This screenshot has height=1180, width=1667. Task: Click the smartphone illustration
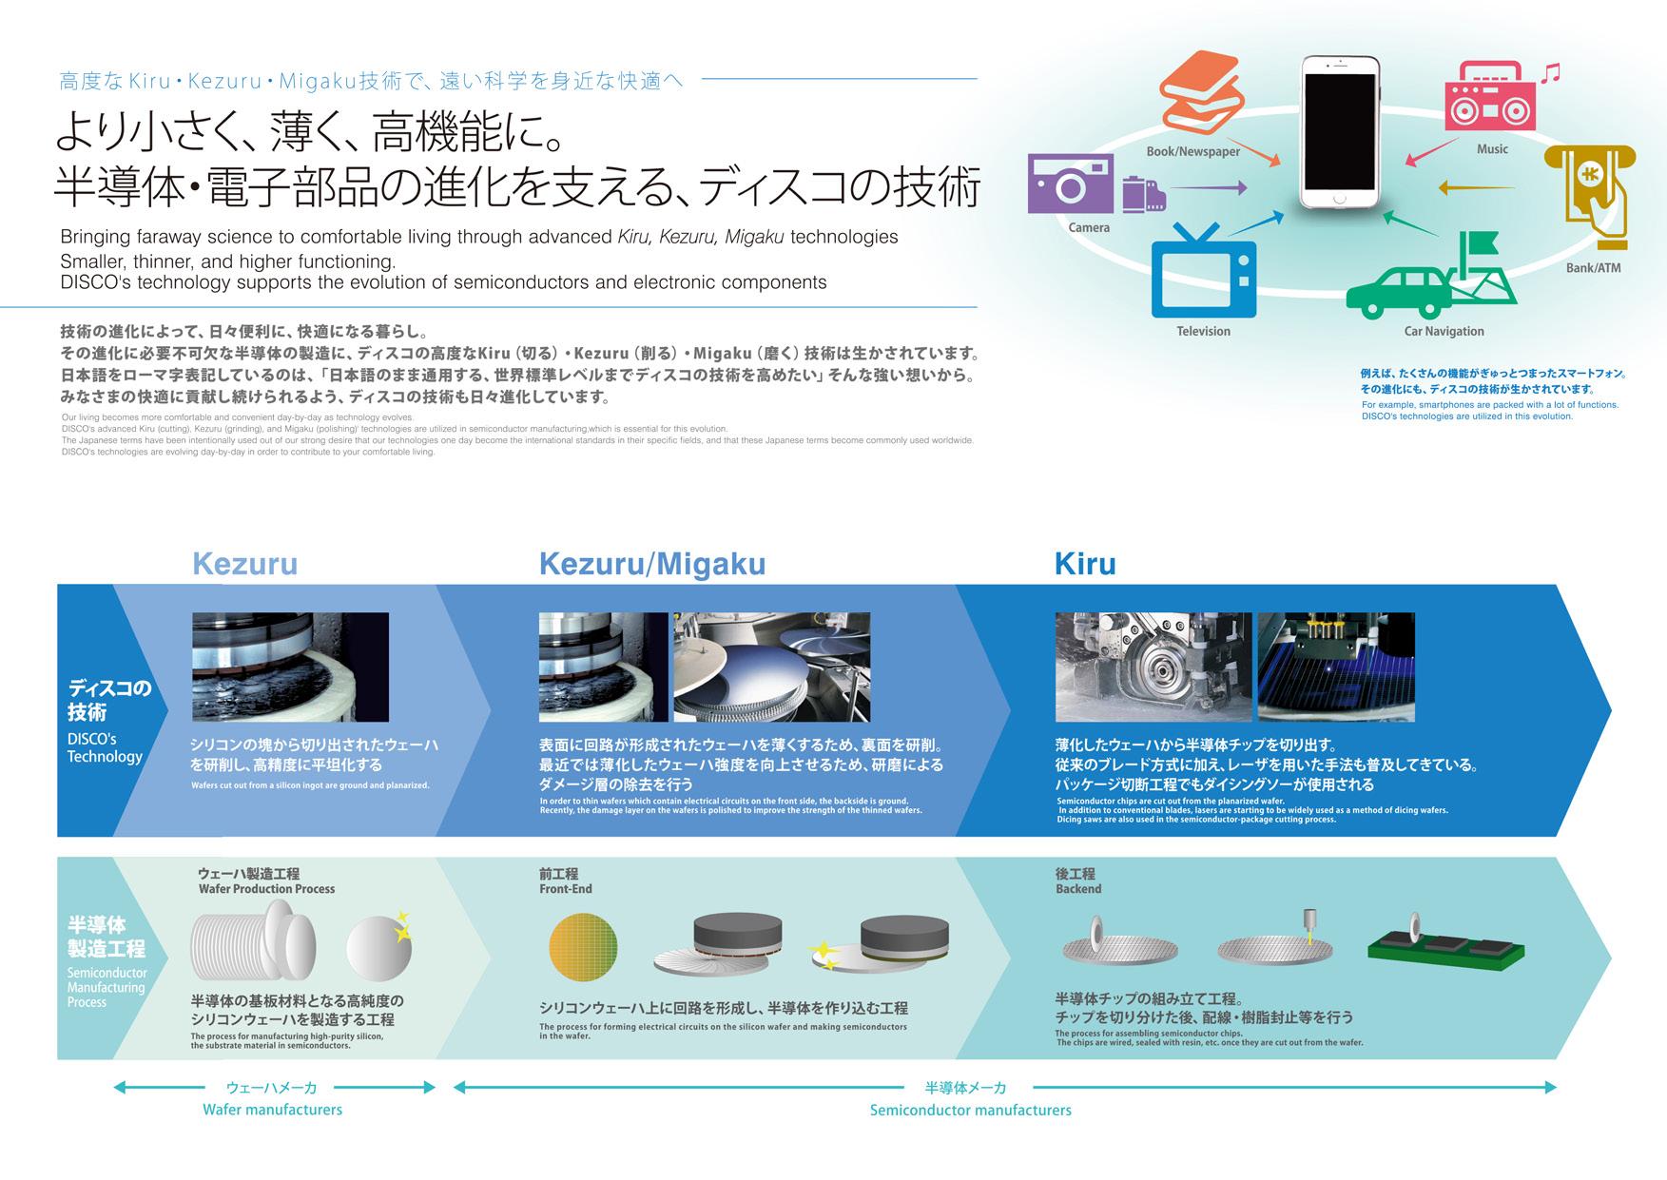coord(1340,132)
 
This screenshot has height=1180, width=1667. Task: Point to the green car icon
coord(1399,292)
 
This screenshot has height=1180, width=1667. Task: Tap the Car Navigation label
coord(1444,331)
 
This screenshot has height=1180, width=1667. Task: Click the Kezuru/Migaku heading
coord(651,564)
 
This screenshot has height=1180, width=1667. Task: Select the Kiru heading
coord(1084,564)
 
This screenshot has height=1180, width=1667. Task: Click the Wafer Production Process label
coord(266,889)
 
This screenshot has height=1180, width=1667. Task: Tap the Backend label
coord(1077,889)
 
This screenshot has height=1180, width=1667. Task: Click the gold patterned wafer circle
coord(583,948)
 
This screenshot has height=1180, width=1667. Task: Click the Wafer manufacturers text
coord(272,1110)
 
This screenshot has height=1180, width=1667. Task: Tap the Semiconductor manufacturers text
coord(970,1110)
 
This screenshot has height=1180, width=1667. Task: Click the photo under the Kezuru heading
coord(290,667)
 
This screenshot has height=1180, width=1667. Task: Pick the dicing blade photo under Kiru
coord(1152,667)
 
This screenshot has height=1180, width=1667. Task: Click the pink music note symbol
coord(1550,73)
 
